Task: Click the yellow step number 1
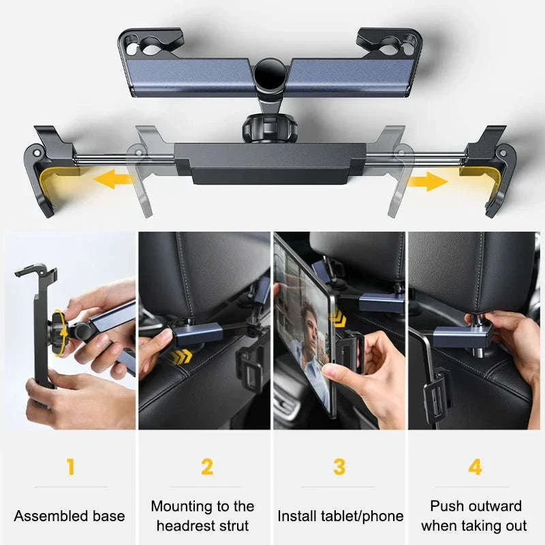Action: pyautogui.click(x=71, y=467)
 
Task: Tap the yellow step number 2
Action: pyautogui.click(x=207, y=467)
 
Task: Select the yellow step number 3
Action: pyautogui.click(x=339, y=467)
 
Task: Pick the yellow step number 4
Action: pyautogui.click(x=475, y=467)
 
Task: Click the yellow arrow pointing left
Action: pyautogui.click(x=113, y=178)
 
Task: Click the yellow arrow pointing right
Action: pyautogui.click(x=427, y=181)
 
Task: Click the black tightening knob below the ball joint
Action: pyautogui.click(x=269, y=129)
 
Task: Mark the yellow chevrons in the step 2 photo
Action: pyautogui.click(x=181, y=356)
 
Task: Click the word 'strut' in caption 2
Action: pyautogui.click(x=235, y=526)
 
